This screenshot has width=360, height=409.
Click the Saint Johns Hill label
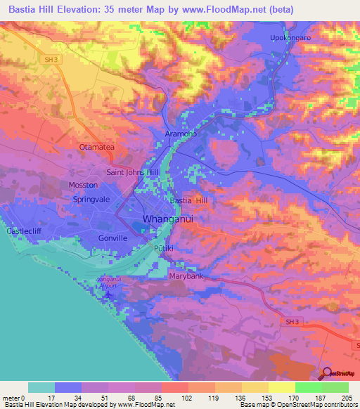[133, 171]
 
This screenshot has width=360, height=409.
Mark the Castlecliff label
[25, 231]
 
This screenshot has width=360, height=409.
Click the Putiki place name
[162, 249]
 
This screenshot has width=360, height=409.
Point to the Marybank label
[186, 276]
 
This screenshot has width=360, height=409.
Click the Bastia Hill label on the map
[191, 200]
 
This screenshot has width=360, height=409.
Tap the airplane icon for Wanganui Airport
[108, 292]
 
